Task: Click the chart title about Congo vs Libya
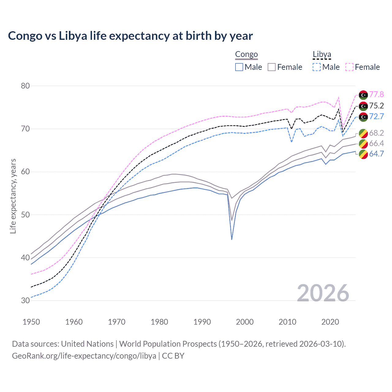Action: point(130,36)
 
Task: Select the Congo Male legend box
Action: point(239,67)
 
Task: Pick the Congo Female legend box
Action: point(272,67)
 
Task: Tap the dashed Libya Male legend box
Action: point(317,67)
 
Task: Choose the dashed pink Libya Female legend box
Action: point(349,67)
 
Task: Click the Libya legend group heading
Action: point(322,55)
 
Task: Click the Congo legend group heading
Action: point(246,55)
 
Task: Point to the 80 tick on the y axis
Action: point(25,86)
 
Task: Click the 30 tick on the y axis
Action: point(25,300)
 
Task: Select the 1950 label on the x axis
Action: point(31,322)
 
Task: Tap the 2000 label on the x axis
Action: point(245,322)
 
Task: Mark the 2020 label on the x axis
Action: point(330,322)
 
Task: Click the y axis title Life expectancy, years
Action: point(13,196)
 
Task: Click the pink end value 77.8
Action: point(376,95)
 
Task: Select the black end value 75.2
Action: point(376,106)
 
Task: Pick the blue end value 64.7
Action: point(376,154)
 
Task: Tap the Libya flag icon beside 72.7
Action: point(363,117)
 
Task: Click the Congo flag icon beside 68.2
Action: point(363,133)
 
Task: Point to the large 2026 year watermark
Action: point(323,293)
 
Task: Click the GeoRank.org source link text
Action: point(84,356)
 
